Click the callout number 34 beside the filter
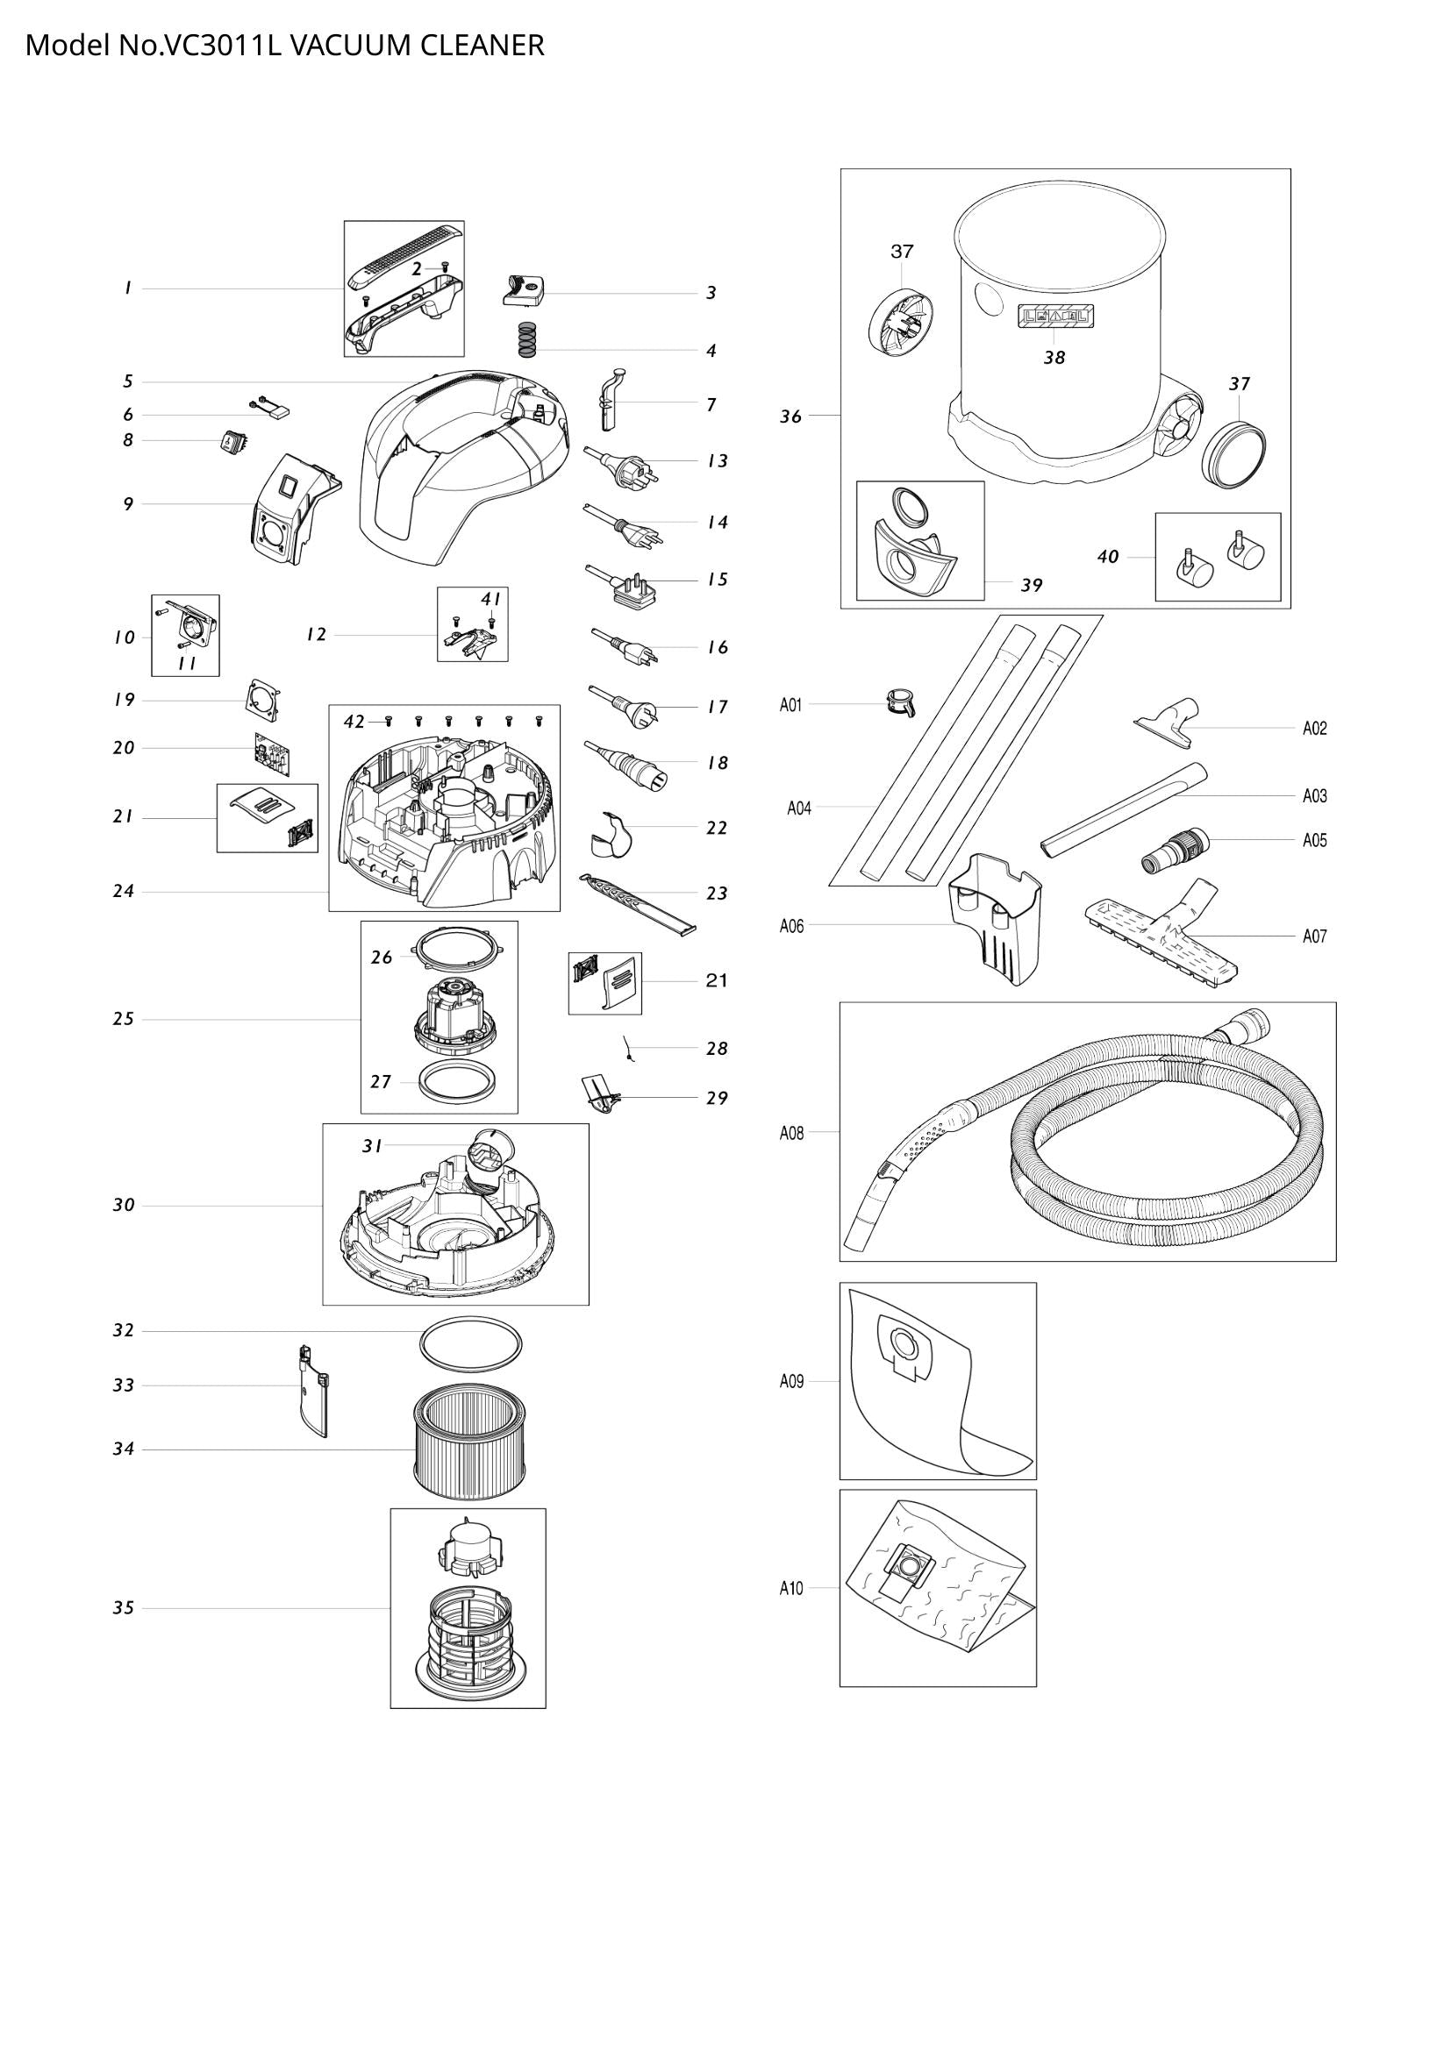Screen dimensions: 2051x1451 124,1449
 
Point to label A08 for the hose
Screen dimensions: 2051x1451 791,1133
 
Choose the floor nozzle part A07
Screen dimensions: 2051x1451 1162,931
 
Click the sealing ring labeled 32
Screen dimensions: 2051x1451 471,1342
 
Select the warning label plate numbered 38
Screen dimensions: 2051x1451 1055,317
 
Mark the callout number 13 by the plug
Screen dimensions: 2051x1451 718,461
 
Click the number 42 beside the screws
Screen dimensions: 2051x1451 354,722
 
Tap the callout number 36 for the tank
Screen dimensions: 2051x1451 790,417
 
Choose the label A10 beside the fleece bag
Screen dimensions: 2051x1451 791,1588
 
